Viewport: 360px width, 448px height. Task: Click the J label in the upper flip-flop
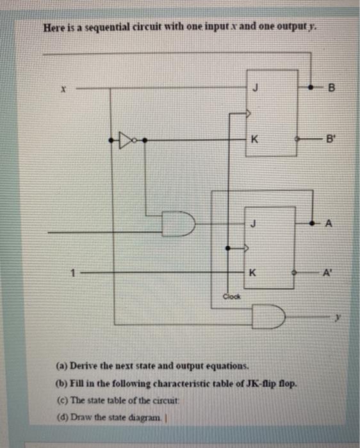click(x=256, y=90)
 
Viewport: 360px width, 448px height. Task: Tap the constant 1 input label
click(x=74, y=271)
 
